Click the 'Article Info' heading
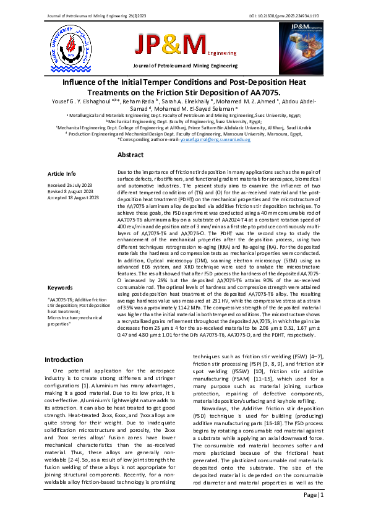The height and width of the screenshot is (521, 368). coord(62,174)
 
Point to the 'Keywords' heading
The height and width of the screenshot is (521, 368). coord(61,287)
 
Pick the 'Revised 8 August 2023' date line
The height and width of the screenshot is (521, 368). coord(71,191)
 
